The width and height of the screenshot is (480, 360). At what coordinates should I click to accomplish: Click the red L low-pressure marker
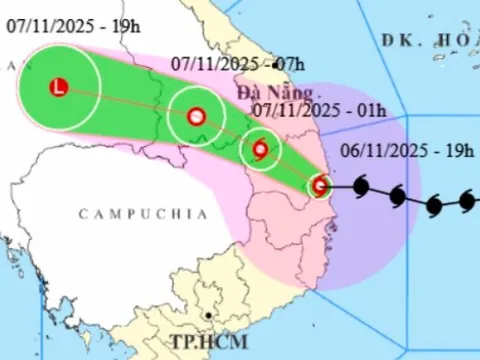pyautogui.click(x=58, y=88)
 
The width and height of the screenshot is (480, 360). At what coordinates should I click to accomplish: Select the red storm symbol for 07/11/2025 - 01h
pyautogui.click(x=261, y=150)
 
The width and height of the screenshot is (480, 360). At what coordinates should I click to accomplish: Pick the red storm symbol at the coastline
pyautogui.click(x=320, y=185)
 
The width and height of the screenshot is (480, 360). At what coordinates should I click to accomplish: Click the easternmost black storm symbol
pyautogui.click(x=467, y=201)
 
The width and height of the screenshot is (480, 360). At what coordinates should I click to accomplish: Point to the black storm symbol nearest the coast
pyautogui.click(x=360, y=186)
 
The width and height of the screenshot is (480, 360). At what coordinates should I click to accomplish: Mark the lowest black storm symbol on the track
pyautogui.click(x=434, y=207)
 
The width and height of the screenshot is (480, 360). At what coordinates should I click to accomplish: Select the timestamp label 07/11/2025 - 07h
pyautogui.click(x=231, y=63)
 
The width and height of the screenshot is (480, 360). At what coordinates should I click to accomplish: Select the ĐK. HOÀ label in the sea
pyautogui.click(x=430, y=39)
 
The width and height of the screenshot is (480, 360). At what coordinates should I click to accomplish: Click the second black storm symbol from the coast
pyautogui.click(x=397, y=196)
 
